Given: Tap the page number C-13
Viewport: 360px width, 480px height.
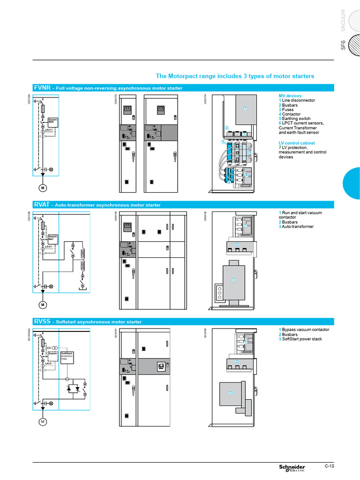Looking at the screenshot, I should click(x=330, y=465).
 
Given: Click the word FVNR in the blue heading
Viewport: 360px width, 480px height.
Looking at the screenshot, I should click(x=41, y=88).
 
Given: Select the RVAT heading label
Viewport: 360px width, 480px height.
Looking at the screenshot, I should click(x=41, y=204).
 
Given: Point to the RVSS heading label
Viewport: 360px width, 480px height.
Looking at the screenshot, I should click(x=42, y=322).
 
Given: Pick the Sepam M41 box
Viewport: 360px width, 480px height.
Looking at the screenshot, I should click(x=52, y=238).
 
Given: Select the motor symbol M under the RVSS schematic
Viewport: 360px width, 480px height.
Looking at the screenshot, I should click(x=42, y=422).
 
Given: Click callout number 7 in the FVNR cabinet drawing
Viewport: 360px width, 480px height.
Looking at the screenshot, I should click(x=245, y=109).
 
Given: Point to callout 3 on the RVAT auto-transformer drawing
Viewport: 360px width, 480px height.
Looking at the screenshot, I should click(x=234, y=280).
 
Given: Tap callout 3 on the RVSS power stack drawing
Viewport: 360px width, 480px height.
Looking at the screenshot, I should click(x=230, y=392).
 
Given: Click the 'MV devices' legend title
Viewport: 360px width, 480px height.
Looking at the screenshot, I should click(x=290, y=96).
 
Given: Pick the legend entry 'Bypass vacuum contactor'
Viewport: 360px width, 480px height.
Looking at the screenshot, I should click(x=304, y=330).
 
